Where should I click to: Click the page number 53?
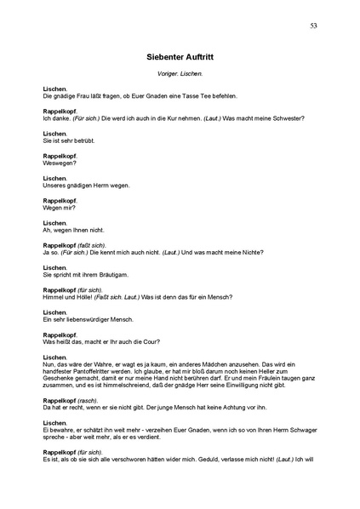point(313,27)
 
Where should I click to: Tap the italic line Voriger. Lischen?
point(180,75)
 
